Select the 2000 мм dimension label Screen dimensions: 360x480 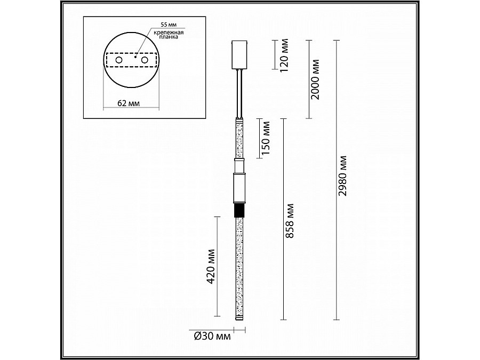tap(315, 78)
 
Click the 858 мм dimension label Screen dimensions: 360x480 tap(291, 220)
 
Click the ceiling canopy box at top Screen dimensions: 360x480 tap(238, 54)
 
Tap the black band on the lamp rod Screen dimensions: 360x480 tap(238, 210)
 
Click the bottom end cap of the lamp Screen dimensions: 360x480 tap(238, 318)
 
